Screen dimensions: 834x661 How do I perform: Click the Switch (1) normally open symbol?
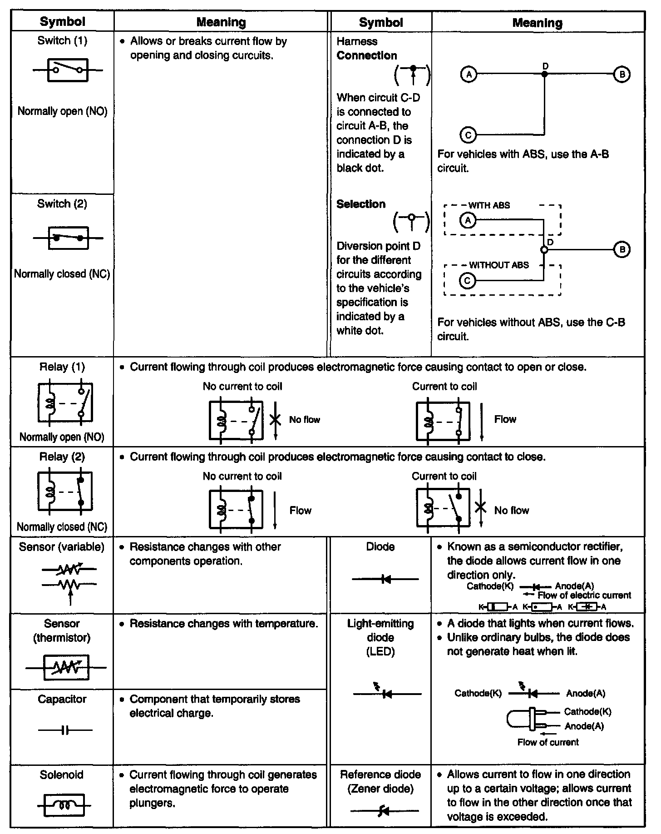(68, 70)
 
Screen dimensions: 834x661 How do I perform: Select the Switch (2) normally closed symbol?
(68, 238)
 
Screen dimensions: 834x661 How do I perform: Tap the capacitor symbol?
(65, 730)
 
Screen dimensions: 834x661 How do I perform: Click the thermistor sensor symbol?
(66, 667)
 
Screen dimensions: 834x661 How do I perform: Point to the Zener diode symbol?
(384, 810)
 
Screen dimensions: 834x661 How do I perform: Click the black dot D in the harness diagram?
(544, 74)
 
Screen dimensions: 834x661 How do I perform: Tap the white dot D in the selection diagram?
(543, 249)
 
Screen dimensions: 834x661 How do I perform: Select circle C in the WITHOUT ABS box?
(467, 281)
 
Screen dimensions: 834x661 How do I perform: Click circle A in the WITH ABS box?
(467, 220)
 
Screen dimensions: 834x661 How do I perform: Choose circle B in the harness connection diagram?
(622, 74)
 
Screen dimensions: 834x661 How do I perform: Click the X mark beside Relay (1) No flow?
(275, 419)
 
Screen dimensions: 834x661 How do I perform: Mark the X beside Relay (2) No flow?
(481, 507)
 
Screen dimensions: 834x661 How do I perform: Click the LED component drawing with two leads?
(529, 719)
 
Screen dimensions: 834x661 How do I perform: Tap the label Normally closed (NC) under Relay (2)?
(62, 527)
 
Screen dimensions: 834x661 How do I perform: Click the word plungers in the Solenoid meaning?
(153, 803)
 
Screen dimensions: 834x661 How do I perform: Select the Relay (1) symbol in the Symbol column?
(65, 402)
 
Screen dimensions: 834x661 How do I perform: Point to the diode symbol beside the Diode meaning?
(385, 579)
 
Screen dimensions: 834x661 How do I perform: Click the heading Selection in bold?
(361, 204)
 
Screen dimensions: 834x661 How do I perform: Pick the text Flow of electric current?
(584, 595)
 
